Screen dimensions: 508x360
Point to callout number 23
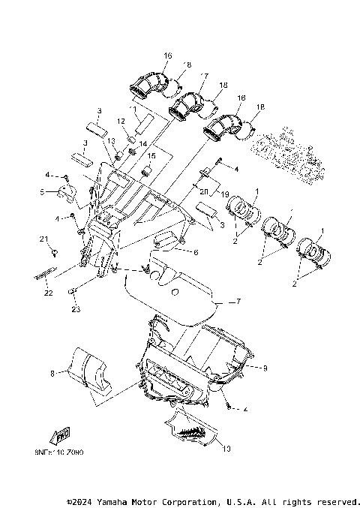tap(76, 308)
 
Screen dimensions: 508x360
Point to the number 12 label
tap(120, 121)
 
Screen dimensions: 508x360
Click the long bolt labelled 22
tap(45, 275)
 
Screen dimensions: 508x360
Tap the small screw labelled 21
tap(54, 250)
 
